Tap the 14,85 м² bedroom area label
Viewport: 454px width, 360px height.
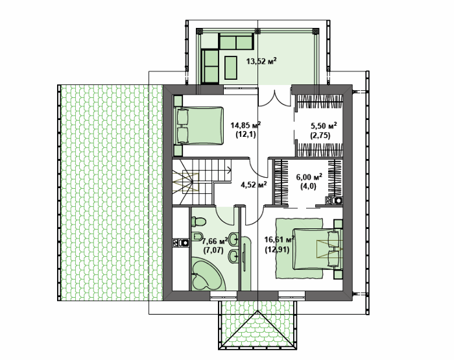pos(245,130)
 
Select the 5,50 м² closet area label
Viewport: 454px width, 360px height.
pos(323,130)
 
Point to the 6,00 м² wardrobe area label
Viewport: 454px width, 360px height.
pos(309,182)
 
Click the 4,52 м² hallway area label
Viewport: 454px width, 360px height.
pos(254,184)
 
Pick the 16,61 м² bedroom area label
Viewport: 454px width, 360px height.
pos(280,244)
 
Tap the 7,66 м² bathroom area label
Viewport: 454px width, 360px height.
pos(215,245)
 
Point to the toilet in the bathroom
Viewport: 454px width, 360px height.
pos(198,222)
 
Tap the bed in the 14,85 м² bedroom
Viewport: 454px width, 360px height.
pos(199,125)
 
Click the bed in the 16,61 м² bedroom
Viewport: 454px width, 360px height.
pos(317,249)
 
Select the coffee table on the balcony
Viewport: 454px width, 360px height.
pos(231,67)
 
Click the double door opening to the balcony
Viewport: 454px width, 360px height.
pos(274,98)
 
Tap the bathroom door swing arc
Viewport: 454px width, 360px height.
pos(225,216)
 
